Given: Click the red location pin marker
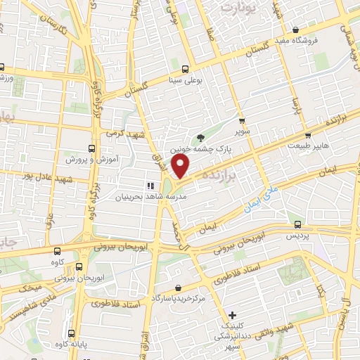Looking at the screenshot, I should pos(181,166).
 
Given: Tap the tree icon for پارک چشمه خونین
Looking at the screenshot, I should pos(202,138).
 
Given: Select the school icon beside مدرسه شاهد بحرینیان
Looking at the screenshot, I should pos(149,186).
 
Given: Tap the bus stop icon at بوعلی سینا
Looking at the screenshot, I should pos(184,69).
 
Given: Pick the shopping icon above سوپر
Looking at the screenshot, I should pos(241,121).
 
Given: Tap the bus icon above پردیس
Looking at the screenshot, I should pos(297,224).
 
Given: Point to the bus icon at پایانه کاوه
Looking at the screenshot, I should pos(71,334).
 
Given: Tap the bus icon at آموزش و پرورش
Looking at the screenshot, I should pos(91,148).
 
